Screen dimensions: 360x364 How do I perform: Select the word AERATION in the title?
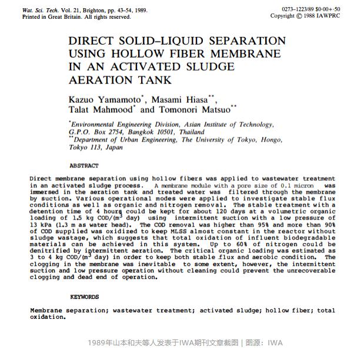pos(99,80)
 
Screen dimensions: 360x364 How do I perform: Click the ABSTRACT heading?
pos(84,166)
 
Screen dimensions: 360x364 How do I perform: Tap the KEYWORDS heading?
pos(84,297)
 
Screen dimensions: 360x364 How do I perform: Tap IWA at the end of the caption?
pos(275,343)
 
